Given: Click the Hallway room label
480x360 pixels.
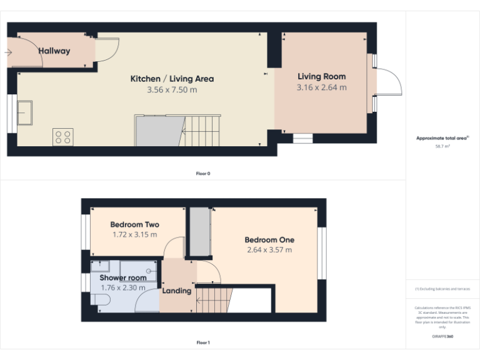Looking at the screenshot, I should (x=54, y=51).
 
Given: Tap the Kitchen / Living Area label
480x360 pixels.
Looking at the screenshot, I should (x=172, y=79).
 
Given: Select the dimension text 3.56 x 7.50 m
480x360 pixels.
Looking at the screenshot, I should (x=172, y=90).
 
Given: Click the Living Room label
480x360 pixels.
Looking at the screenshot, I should (x=321, y=76).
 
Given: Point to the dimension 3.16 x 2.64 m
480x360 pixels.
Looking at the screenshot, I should (x=321, y=87).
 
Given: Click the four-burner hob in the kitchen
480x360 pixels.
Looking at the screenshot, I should (x=63, y=137).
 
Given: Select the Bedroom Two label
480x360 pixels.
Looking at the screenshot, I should (x=134, y=224).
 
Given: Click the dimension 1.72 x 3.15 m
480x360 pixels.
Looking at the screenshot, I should (x=134, y=235).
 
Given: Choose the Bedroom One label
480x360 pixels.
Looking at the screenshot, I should (x=269, y=239).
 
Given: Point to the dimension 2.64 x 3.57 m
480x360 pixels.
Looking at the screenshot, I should (x=269, y=250).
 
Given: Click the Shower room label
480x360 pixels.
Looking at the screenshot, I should (x=122, y=277).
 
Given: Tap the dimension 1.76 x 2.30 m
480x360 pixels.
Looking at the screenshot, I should (x=122, y=287).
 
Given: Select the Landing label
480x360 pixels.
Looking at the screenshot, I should (x=177, y=291).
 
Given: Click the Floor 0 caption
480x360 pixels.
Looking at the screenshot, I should (x=203, y=173).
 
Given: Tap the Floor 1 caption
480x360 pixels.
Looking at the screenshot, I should (x=203, y=342).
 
